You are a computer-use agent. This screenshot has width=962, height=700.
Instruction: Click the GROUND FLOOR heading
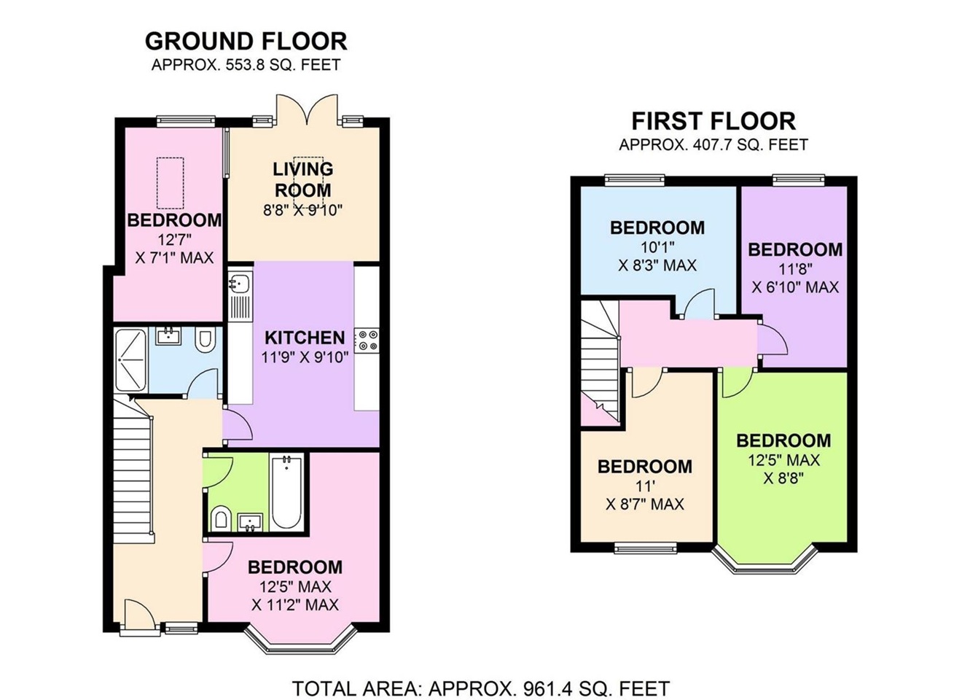tap(246, 40)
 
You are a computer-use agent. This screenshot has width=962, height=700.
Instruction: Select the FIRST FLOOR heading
tap(713, 120)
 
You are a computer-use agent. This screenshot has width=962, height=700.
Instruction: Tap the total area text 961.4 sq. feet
tap(481, 688)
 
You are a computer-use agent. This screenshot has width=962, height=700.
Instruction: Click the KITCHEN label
tap(305, 338)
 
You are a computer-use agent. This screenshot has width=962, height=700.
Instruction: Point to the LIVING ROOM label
tap(302, 179)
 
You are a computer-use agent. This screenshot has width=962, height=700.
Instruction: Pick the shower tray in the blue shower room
tap(131, 360)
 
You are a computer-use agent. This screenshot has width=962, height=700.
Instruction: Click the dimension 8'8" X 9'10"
tap(302, 211)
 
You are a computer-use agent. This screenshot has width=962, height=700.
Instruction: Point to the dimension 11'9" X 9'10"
tap(305, 357)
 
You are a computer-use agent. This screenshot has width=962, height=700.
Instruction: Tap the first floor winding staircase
tap(599, 357)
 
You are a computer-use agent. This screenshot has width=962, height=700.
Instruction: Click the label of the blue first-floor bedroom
tap(657, 227)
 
